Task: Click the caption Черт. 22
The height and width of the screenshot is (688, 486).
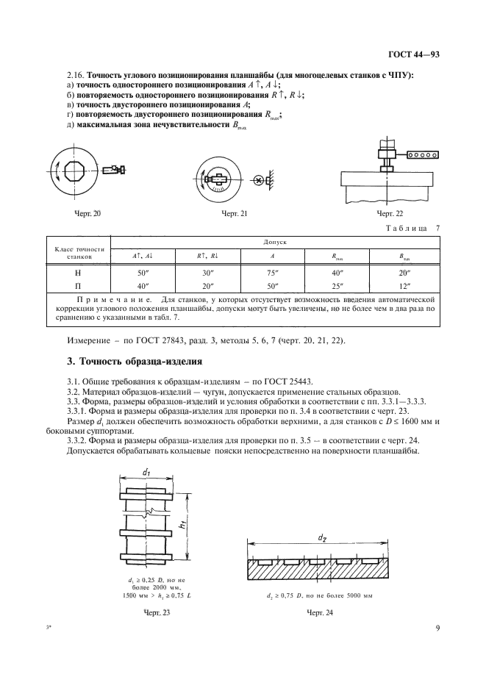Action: coord(390,213)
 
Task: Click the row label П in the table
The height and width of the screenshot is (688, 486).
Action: coord(78,283)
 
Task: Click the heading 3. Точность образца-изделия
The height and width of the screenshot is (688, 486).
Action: coord(134,362)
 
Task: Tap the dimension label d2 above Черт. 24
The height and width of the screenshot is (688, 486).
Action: coord(322,538)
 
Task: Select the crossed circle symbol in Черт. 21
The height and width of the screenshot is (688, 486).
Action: coord(258,179)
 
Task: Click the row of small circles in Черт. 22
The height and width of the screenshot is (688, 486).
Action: coord(424,154)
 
